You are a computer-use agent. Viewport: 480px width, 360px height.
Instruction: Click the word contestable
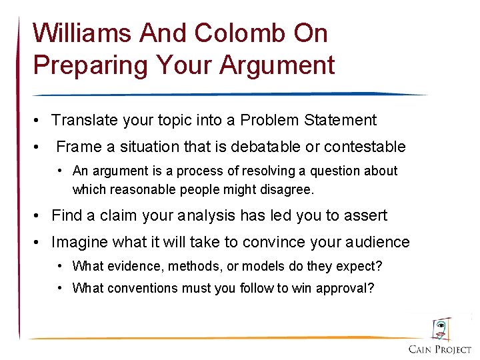click(x=369, y=146)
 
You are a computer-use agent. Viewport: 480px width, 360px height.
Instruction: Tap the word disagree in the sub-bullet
click(x=288, y=189)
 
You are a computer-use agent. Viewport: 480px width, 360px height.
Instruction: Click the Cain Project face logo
click(x=440, y=329)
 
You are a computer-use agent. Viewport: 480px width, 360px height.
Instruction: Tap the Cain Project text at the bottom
click(x=439, y=349)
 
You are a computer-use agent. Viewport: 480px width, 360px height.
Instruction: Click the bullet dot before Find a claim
click(x=40, y=216)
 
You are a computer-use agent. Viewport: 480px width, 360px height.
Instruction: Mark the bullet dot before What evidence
click(x=61, y=267)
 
